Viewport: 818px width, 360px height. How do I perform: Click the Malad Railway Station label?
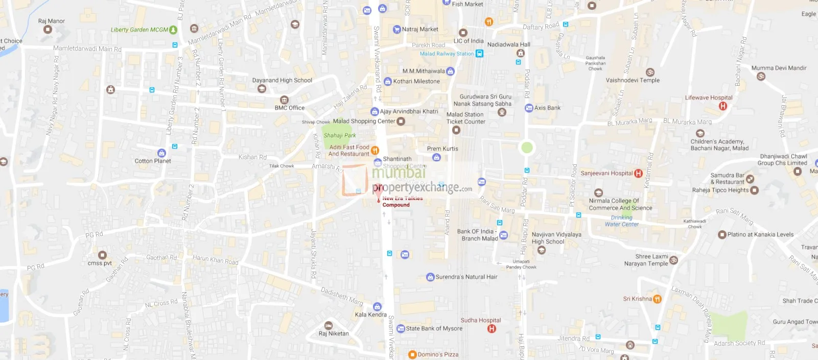tap(447, 54)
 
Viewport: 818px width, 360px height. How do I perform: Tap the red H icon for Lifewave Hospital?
tap(722, 106)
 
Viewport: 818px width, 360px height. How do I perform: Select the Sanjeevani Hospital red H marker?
tap(638, 174)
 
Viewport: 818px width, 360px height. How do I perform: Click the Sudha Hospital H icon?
tap(492, 329)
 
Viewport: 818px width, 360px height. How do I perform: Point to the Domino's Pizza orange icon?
tap(412, 354)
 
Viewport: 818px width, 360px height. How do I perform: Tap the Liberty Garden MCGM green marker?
tap(173, 30)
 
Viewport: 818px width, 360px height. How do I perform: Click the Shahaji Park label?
tap(339, 136)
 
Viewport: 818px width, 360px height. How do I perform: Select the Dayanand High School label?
tap(282, 80)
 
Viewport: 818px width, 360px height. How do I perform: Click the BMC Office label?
tap(289, 108)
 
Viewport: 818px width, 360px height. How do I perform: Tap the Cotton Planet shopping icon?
tap(161, 153)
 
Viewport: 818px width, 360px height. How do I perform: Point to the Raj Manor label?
tap(52, 21)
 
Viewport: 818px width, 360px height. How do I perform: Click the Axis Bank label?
tap(547, 108)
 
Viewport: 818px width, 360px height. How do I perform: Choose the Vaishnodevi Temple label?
tap(633, 80)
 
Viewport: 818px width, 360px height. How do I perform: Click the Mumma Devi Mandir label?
tap(779, 68)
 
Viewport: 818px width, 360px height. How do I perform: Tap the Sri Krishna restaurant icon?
tap(658, 299)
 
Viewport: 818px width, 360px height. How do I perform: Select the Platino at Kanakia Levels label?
tap(760, 235)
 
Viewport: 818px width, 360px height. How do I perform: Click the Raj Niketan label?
tap(334, 333)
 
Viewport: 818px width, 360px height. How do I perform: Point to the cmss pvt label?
tap(100, 263)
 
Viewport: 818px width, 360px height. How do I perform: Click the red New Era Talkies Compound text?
tap(402, 202)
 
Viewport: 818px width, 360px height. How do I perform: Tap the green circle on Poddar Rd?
tap(527, 148)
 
